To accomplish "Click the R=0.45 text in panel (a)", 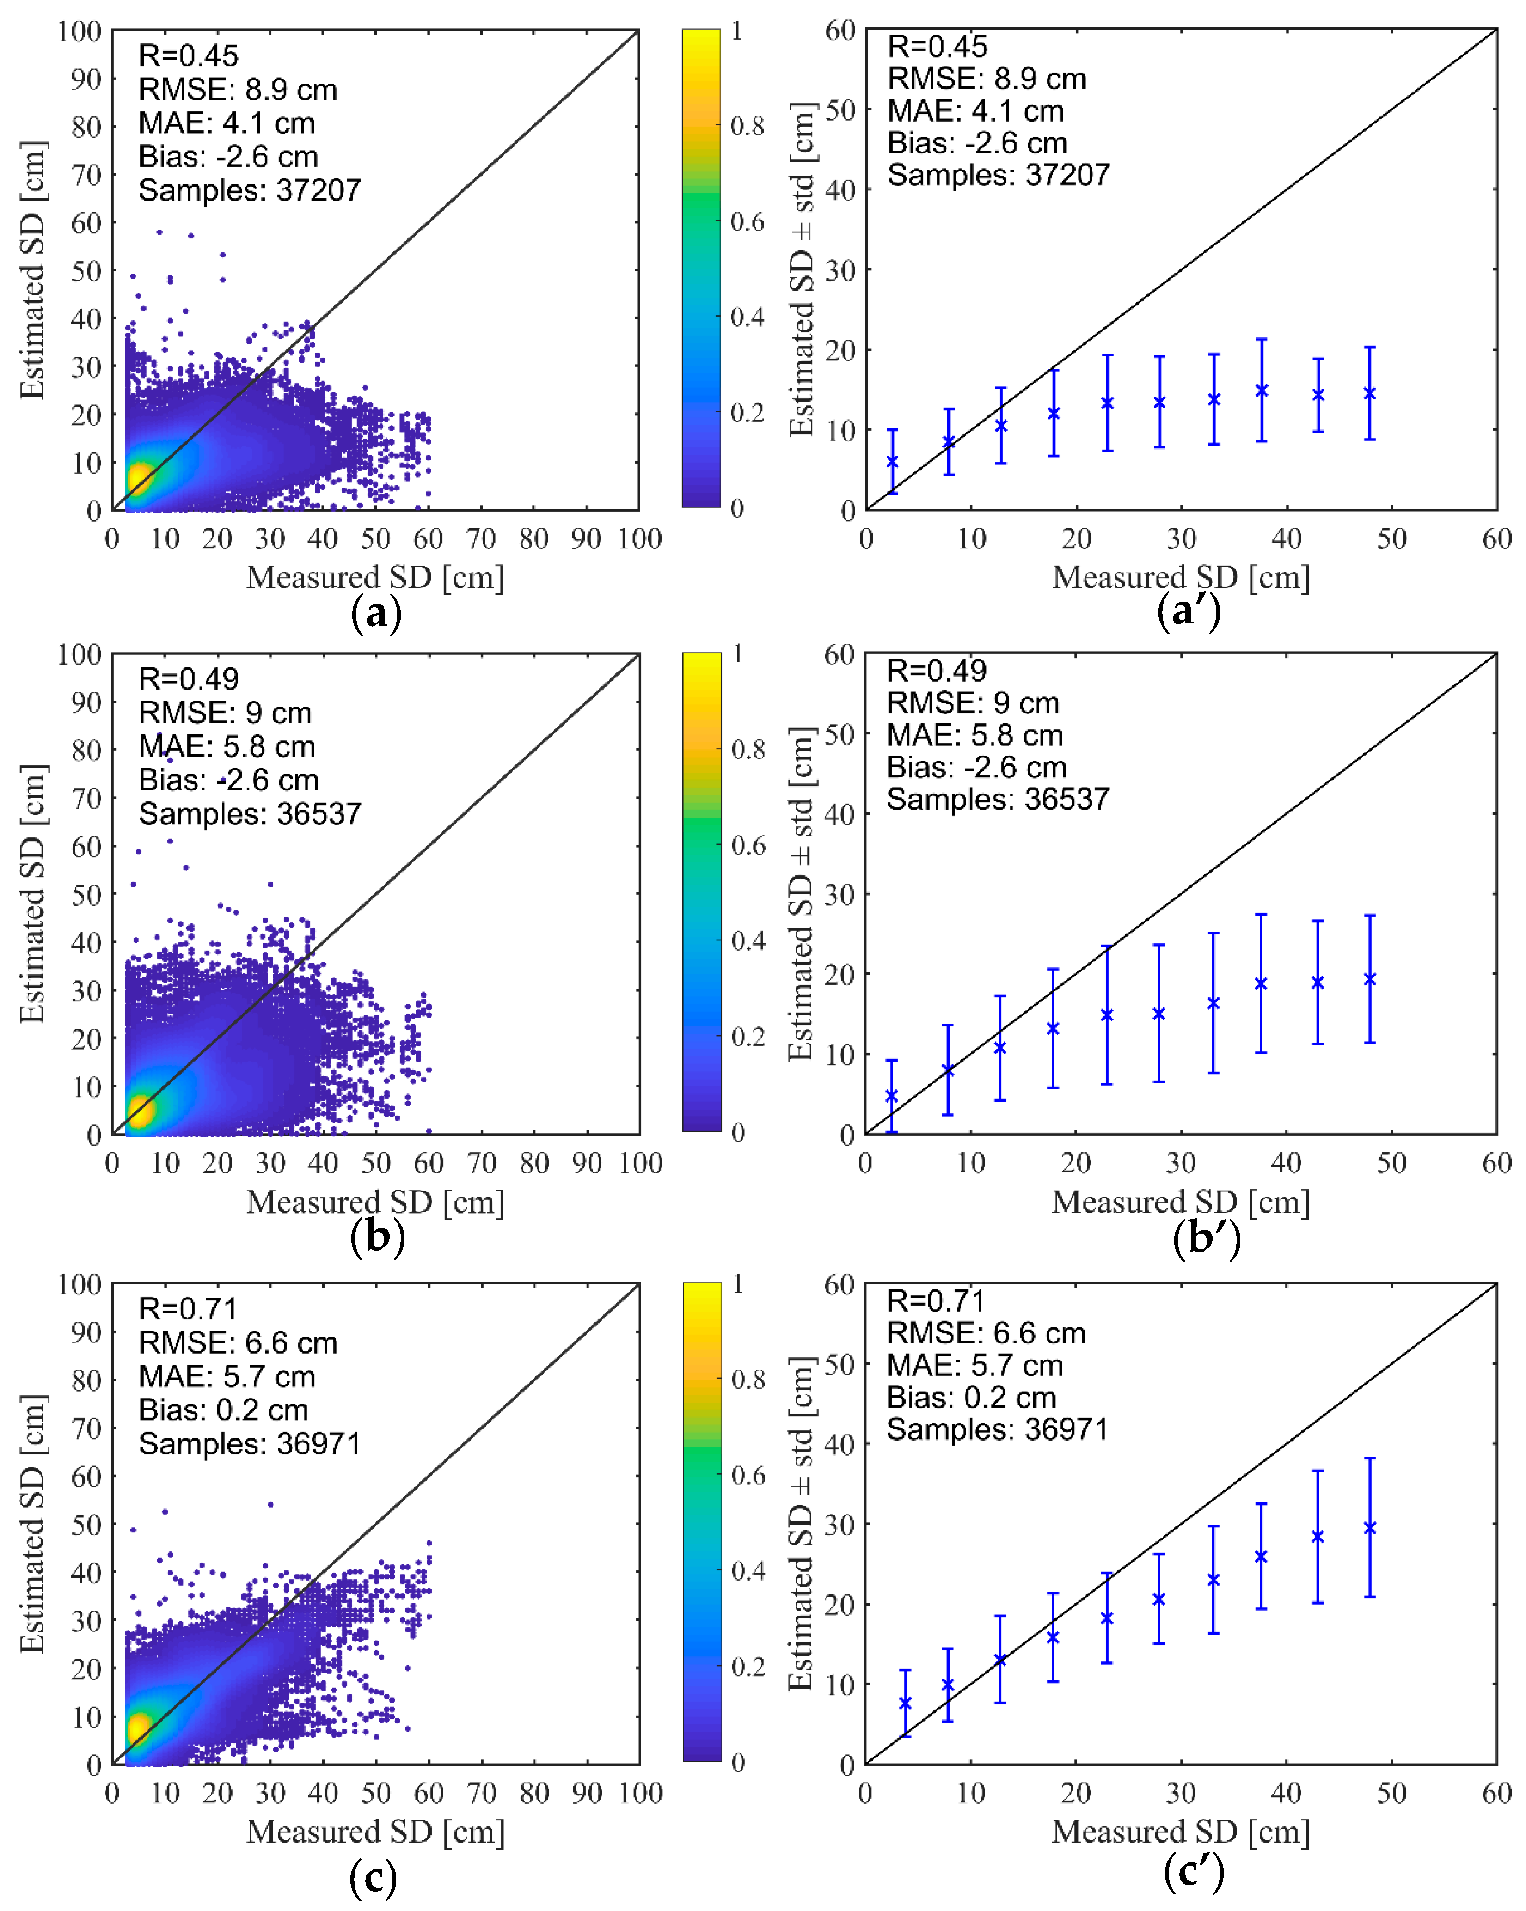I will [x=188, y=56].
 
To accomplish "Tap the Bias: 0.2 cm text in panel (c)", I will [x=222, y=1410].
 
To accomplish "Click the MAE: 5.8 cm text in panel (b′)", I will [x=974, y=735].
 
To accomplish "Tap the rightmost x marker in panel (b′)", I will [x=1369, y=978].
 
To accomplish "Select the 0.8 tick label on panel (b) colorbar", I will [x=748, y=750].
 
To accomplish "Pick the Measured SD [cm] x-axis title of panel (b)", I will [x=375, y=1202].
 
